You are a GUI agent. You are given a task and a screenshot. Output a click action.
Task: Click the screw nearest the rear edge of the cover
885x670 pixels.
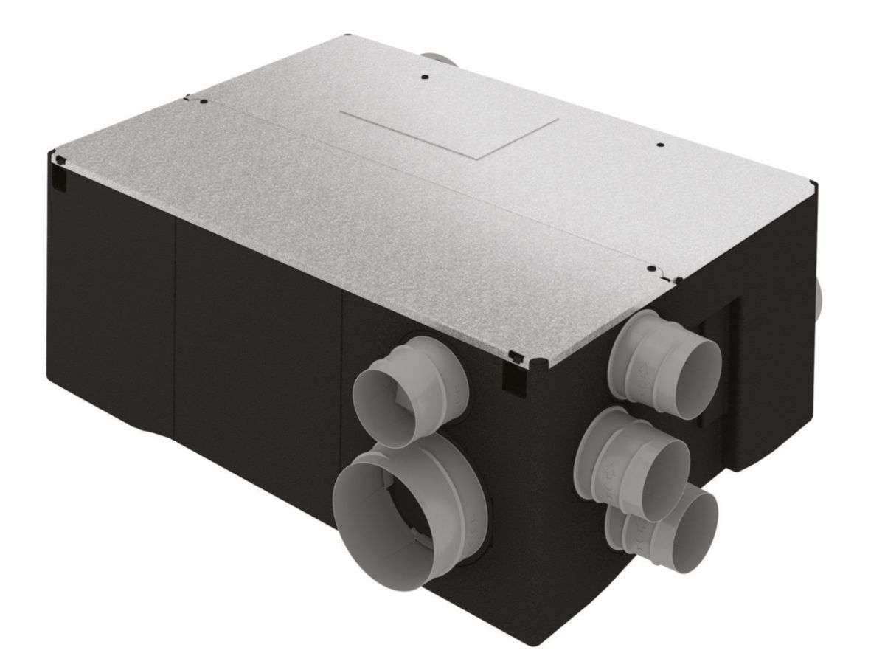[424, 76]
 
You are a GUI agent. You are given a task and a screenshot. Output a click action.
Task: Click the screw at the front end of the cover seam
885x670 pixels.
[652, 269]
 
